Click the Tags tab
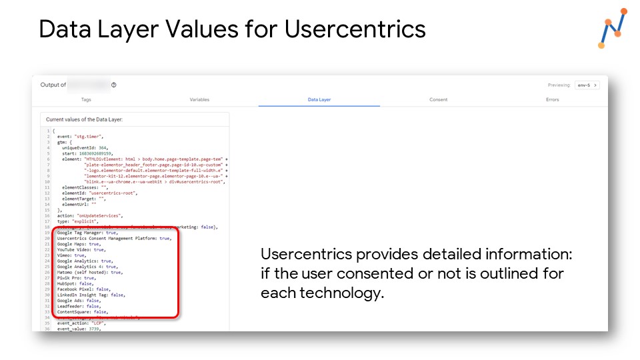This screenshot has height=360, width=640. tap(86, 100)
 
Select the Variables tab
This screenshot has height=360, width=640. tap(199, 100)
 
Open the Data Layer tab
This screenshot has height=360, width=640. tap(319, 100)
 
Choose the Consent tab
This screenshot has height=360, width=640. tap(438, 100)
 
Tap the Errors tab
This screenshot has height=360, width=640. tap(552, 100)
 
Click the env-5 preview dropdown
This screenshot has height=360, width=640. tap(587, 85)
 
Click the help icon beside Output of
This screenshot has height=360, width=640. tap(114, 85)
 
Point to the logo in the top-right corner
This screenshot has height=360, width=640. tap(612, 29)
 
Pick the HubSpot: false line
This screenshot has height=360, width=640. tap(75, 283)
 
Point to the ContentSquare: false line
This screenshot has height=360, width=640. tap(83, 311)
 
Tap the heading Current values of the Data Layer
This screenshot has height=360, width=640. tap(85, 119)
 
